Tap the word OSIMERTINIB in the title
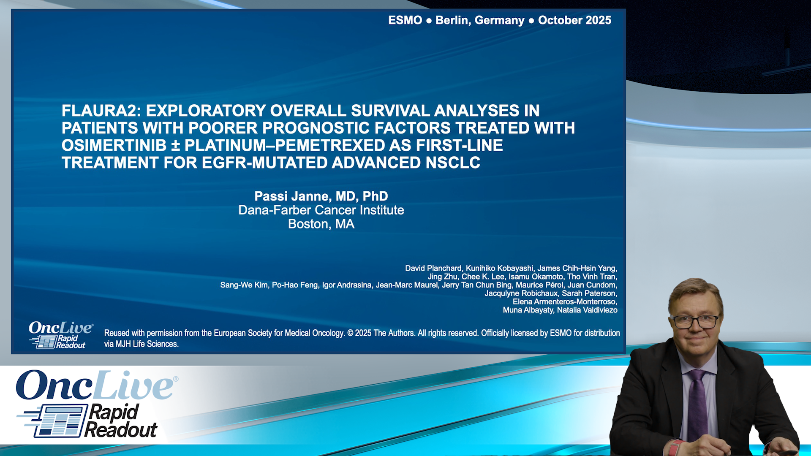114,145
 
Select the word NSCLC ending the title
453,163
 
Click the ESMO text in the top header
405,20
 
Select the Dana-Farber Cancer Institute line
321,210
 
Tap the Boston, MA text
321,224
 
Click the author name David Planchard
433,268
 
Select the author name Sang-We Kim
244,285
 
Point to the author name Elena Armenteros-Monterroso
564,301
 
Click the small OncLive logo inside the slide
60,335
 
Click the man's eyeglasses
695,322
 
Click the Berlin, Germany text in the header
479,20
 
